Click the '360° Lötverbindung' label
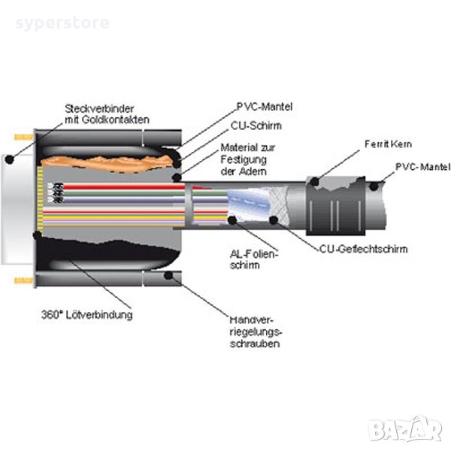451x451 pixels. tap(89, 314)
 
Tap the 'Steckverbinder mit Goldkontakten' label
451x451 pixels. tap(107, 114)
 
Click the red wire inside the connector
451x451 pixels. tap(113, 186)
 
